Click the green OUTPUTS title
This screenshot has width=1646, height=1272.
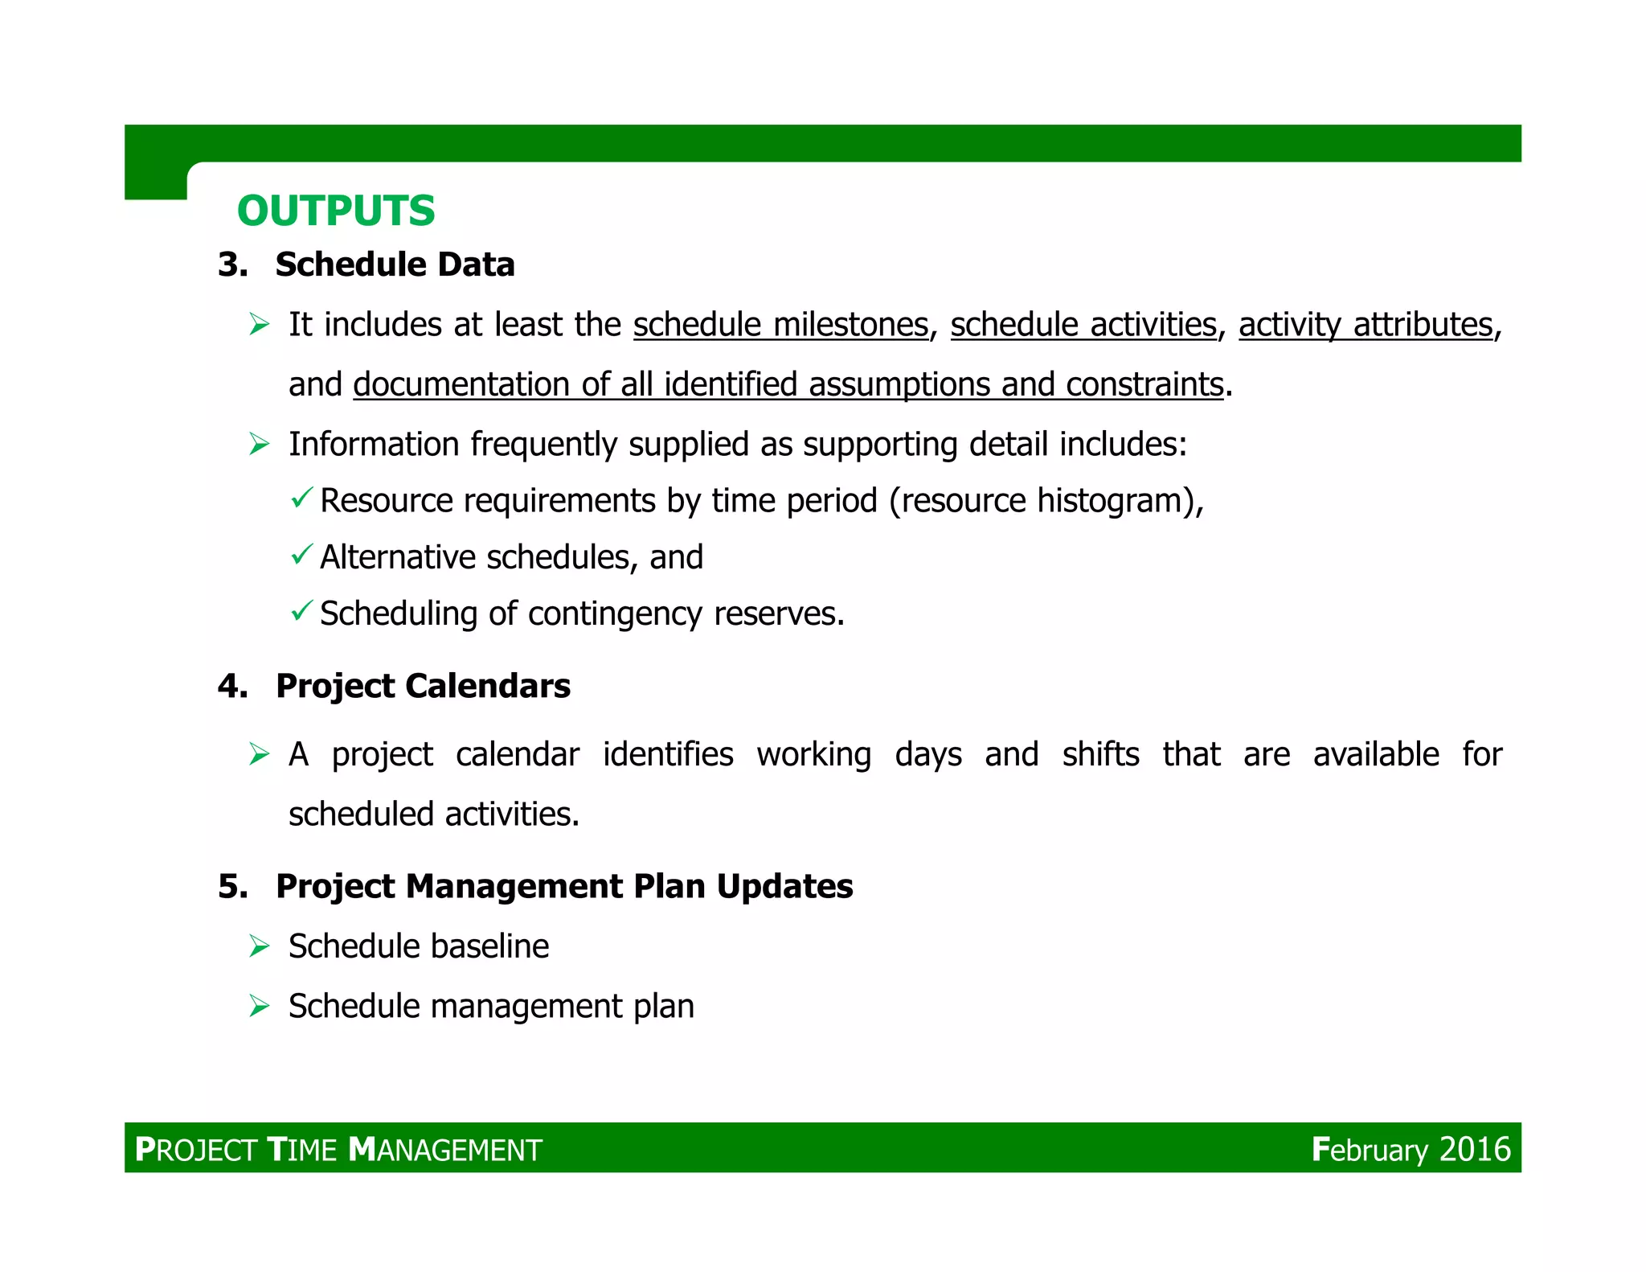coord(336,211)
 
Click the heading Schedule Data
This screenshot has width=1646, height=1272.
coord(395,265)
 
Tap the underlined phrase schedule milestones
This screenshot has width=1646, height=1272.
coord(780,325)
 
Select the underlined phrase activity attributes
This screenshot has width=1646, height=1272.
coord(1366,325)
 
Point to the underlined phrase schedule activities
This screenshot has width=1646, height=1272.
coord(1083,325)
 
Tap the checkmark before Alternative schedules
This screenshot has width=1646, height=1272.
coord(301,555)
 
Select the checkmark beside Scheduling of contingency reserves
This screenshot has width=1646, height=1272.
coord(301,611)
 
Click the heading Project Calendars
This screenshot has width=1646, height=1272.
coord(423,686)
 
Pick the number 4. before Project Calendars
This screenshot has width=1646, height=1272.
coord(232,686)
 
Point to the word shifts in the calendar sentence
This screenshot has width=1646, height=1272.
coord(1100,754)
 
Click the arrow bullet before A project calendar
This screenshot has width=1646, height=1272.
coord(259,754)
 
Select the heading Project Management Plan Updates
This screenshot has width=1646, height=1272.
coord(564,886)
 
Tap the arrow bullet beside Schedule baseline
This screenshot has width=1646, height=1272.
coord(259,946)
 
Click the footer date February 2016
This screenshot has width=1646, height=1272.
coord(1411,1149)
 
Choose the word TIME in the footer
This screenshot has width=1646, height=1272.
coord(301,1150)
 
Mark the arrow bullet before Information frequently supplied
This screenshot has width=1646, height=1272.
coord(259,444)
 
